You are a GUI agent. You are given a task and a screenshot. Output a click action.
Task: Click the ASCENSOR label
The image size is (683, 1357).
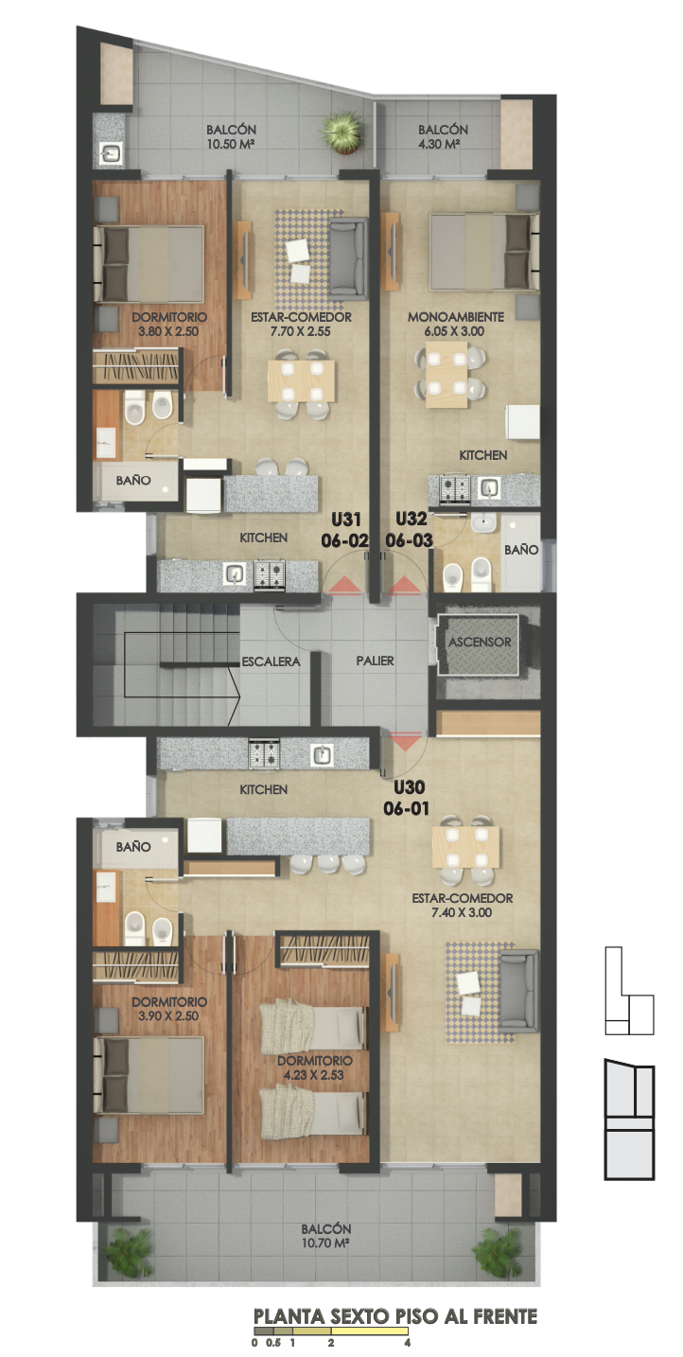pos(480,642)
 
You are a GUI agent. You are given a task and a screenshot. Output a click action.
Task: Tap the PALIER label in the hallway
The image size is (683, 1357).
pos(375,661)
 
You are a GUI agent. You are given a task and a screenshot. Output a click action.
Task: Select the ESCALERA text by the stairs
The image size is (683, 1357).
pos(271,661)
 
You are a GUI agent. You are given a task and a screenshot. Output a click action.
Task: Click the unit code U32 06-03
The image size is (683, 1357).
pos(410,529)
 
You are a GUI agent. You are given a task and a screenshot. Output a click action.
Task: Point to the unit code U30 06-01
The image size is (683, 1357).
pos(407,798)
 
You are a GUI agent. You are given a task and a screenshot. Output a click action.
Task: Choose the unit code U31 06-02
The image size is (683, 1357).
pos(345,530)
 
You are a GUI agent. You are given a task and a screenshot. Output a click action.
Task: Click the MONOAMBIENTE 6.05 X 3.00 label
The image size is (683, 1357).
pos(455,324)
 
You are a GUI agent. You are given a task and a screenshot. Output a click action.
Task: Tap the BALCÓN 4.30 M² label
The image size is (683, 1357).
pos(443,137)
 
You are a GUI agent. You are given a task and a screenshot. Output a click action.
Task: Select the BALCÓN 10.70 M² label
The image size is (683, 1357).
pos(325,1236)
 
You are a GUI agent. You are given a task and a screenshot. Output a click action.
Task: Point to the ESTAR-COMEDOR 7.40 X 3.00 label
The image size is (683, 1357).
pos(462,905)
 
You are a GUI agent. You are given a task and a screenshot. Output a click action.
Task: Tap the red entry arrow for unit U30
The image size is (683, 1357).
pos(405,741)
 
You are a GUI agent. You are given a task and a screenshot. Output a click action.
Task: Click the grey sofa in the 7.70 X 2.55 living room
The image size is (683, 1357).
pos(348,257)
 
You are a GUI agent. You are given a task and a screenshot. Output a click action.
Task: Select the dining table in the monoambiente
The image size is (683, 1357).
pos(447,374)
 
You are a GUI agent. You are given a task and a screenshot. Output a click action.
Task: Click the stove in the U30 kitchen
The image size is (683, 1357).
pos(263,754)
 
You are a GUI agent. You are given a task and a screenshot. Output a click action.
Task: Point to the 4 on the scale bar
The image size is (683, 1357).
pos(407,1342)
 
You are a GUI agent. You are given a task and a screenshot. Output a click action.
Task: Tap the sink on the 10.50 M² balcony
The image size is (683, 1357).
pos(110,153)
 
